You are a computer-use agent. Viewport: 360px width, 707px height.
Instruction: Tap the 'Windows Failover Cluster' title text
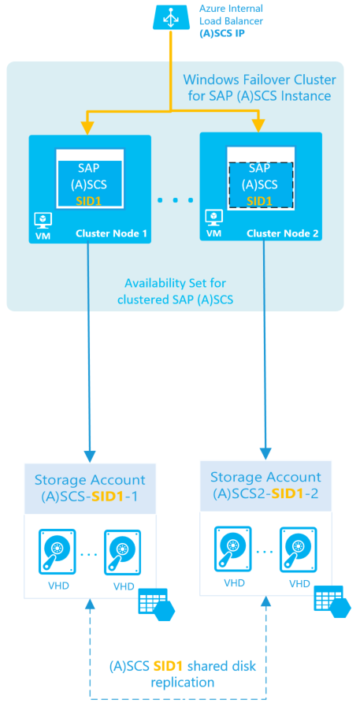259,80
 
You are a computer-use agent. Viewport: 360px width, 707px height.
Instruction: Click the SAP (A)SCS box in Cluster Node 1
89,184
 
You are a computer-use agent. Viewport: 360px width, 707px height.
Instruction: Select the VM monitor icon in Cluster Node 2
212,217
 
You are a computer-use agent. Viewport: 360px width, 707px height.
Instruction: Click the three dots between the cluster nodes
175,200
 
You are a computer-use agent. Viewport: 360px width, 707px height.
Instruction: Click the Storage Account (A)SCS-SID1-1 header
90,487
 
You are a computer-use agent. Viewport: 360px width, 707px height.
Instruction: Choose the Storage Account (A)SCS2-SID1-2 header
266,485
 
